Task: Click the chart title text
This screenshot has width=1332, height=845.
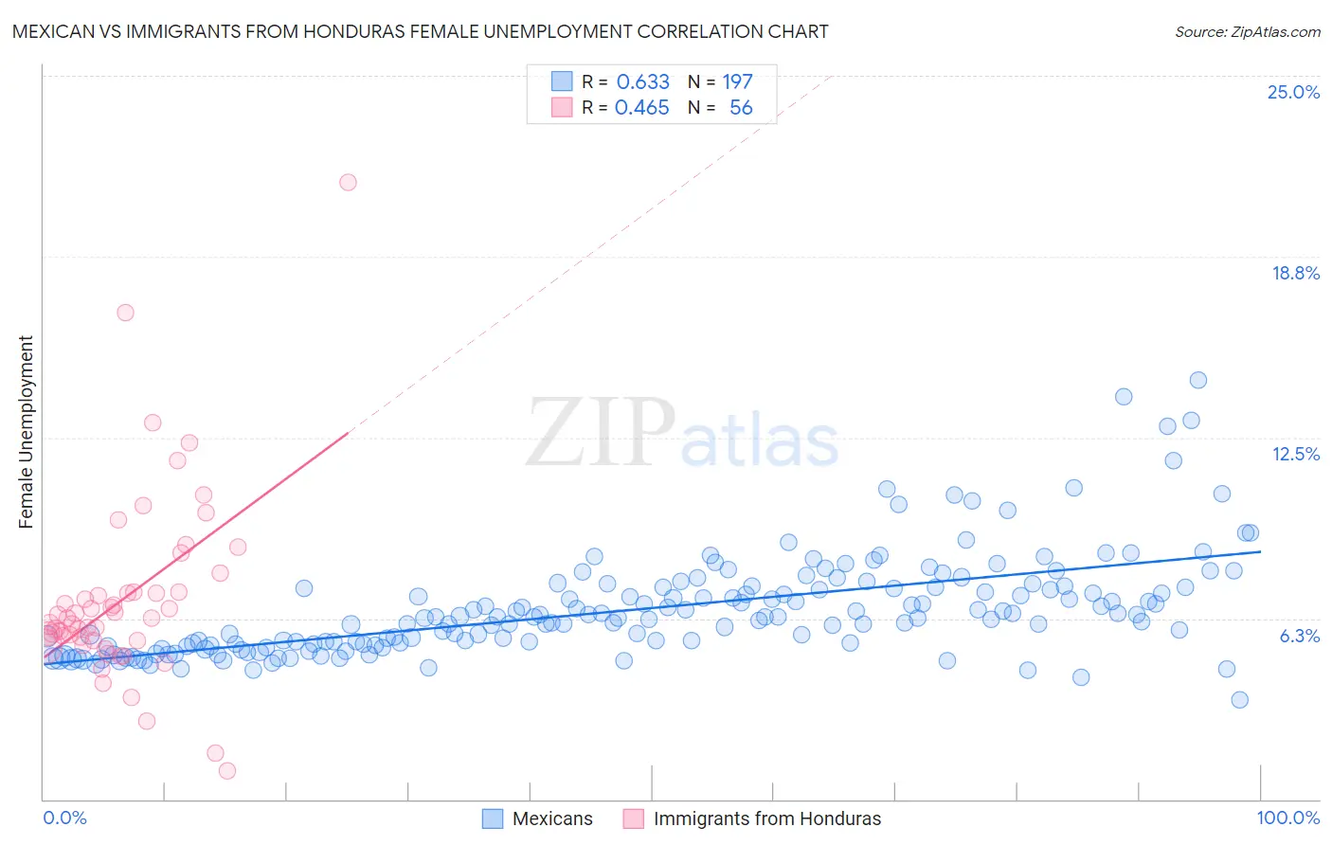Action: tap(420, 31)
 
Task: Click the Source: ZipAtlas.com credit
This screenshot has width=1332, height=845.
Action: tap(1247, 31)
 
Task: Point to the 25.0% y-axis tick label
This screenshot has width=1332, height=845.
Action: tap(1293, 92)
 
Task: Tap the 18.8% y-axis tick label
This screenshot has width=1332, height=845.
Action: tap(1295, 273)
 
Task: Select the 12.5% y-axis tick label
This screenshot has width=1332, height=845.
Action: tap(1295, 454)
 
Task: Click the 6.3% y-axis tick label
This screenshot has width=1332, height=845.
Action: tap(1299, 636)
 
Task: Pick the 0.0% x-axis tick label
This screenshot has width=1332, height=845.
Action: tap(64, 818)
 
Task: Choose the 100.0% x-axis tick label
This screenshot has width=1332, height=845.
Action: tap(1287, 818)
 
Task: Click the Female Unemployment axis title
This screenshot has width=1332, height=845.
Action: tap(26, 431)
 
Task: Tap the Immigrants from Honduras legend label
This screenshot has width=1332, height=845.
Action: tap(766, 818)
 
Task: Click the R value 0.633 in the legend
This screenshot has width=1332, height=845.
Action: tap(642, 81)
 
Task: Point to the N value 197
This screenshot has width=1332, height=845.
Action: tap(737, 81)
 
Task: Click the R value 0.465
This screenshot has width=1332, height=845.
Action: tap(641, 108)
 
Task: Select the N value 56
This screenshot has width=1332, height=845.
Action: tap(741, 108)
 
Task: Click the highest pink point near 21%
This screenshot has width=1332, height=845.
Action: tap(348, 182)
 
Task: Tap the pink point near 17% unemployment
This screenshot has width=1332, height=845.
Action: tap(125, 313)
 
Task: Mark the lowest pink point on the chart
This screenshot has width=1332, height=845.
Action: tap(227, 770)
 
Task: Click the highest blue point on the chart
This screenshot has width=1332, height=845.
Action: tap(1197, 380)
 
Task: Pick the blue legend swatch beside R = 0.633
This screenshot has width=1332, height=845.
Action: tap(562, 81)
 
